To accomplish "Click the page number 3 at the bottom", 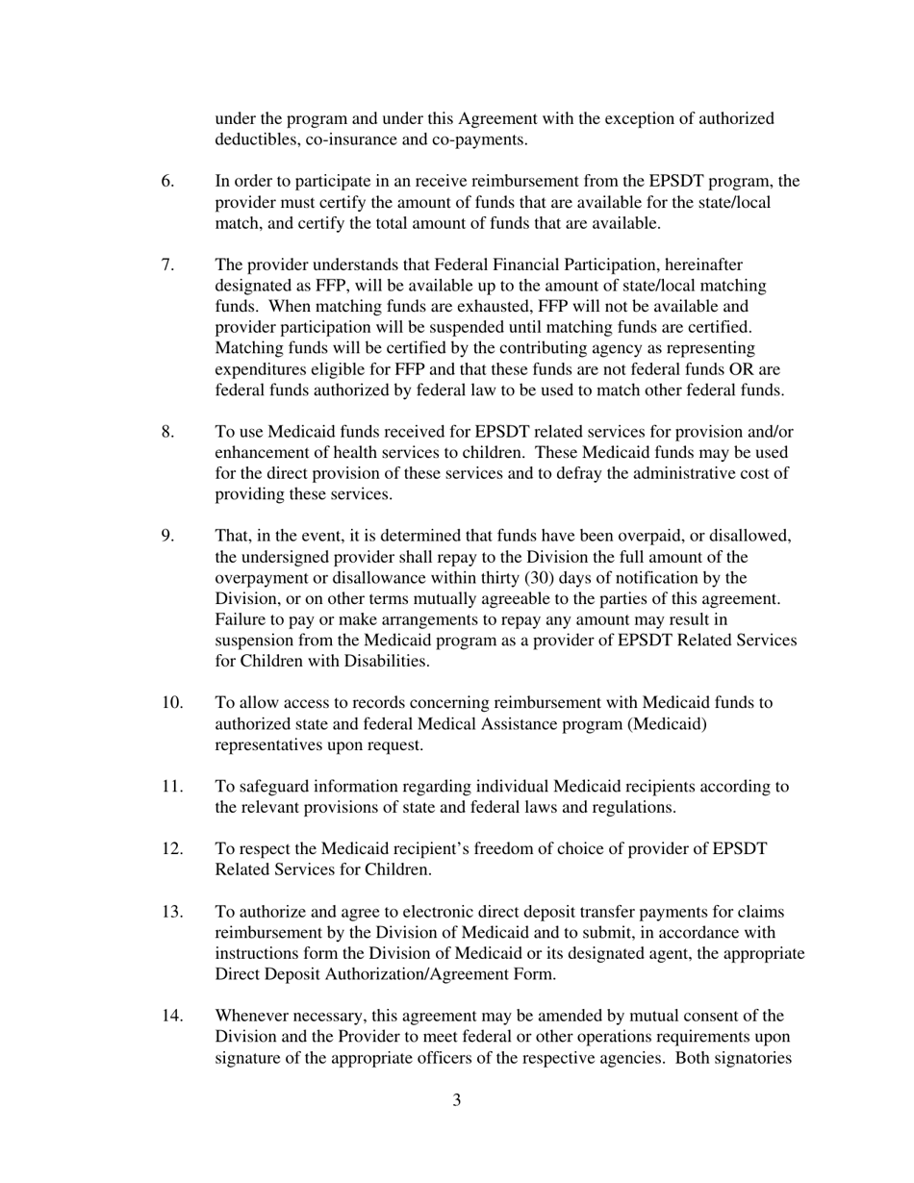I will coord(456,1100).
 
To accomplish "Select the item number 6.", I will coord(167,181).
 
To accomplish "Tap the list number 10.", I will coord(171,703).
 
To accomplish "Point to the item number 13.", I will coord(171,912).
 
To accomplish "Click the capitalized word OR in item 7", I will coord(742,370).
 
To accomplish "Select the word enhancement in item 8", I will coord(261,452).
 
